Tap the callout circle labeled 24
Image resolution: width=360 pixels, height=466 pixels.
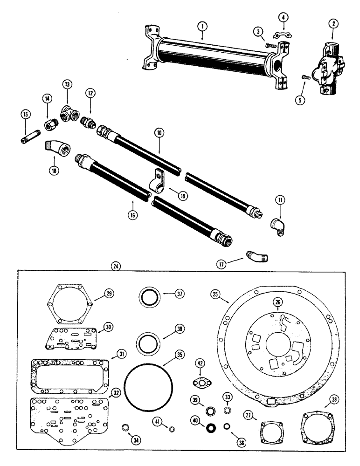point(116,266)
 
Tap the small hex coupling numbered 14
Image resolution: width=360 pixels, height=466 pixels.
point(50,125)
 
